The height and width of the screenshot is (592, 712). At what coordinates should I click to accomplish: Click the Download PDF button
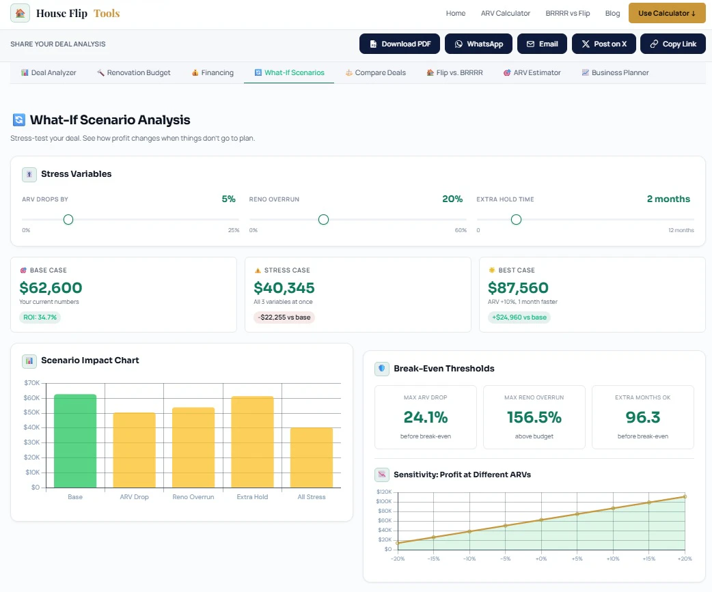coord(400,44)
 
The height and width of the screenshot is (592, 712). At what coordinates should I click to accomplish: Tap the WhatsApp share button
coord(478,44)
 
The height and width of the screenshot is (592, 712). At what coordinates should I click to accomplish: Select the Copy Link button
coord(673,44)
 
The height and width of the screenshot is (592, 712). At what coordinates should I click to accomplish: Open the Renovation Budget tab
coord(133,72)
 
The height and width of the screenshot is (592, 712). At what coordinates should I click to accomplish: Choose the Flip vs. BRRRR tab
coord(454,72)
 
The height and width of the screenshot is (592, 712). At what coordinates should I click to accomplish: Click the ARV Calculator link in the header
coord(506,13)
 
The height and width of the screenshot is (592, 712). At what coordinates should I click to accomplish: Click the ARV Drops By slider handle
coord(68,220)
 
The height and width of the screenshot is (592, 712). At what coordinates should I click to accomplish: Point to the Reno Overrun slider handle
coord(323,220)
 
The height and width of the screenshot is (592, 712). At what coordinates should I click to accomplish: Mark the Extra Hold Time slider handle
coord(517,220)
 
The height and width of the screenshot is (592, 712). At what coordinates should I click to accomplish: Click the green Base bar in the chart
coord(75,441)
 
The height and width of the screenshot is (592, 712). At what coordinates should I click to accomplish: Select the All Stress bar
coord(312,457)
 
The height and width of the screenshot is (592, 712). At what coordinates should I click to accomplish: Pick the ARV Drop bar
coord(135,450)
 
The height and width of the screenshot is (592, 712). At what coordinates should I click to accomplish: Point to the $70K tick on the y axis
coord(32,383)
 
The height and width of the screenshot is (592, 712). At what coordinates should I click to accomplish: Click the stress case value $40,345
coord(284,287)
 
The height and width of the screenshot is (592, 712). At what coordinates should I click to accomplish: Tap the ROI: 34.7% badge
coord(40,317)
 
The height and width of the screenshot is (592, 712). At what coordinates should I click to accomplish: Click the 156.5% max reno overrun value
coord(534,417)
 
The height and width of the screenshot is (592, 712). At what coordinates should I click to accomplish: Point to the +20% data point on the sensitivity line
coord(685,496)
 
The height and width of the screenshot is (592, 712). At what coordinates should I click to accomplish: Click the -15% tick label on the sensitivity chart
coord(434,559)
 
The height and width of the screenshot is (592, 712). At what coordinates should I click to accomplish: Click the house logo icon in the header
coord(20,13)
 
